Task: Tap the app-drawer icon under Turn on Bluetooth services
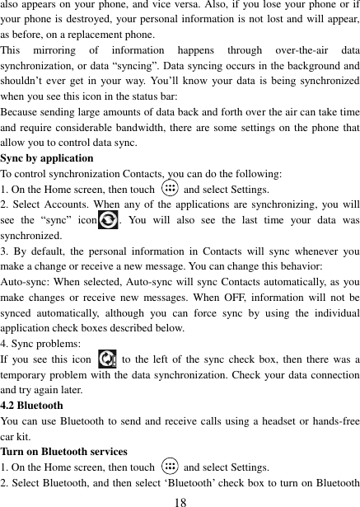[x=169, y=467]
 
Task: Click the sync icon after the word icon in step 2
[x=106, y=220]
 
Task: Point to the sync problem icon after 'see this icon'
[x=106, y=360]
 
